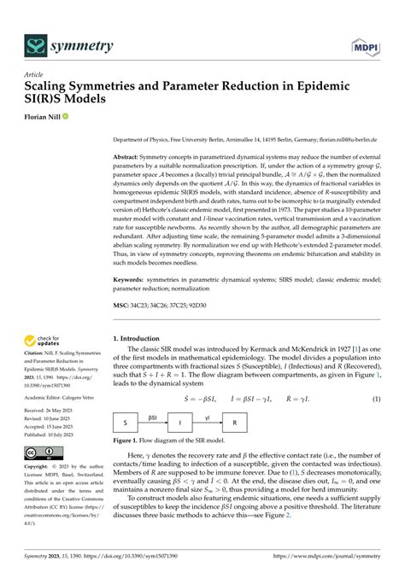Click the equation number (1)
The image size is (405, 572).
(376, 400)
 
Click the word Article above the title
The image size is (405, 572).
(34, 74)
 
